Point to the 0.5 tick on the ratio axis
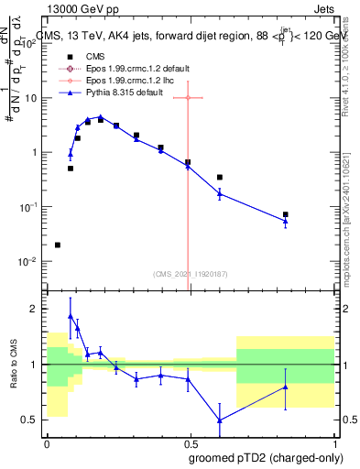pyautogui.click(x=30, y=420)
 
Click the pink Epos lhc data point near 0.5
pyautogui.click(x=188, y=97)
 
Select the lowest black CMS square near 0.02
pyautogui.click(x=58, y=245)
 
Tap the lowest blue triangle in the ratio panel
pyautogui.click(x=220, y=420)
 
